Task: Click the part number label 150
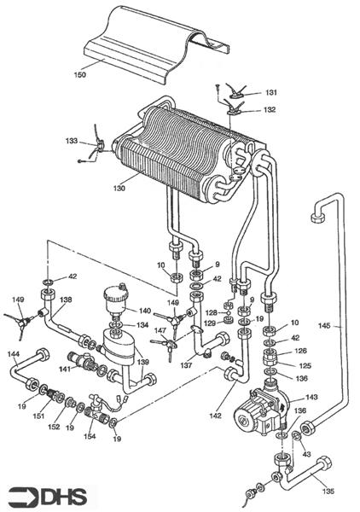point(80,75)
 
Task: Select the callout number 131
point(270,92)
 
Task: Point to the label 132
point(270,110)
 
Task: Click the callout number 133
point(73,140)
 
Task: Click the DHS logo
point(49,496)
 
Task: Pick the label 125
point(305,365)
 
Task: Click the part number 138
point(67,300)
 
